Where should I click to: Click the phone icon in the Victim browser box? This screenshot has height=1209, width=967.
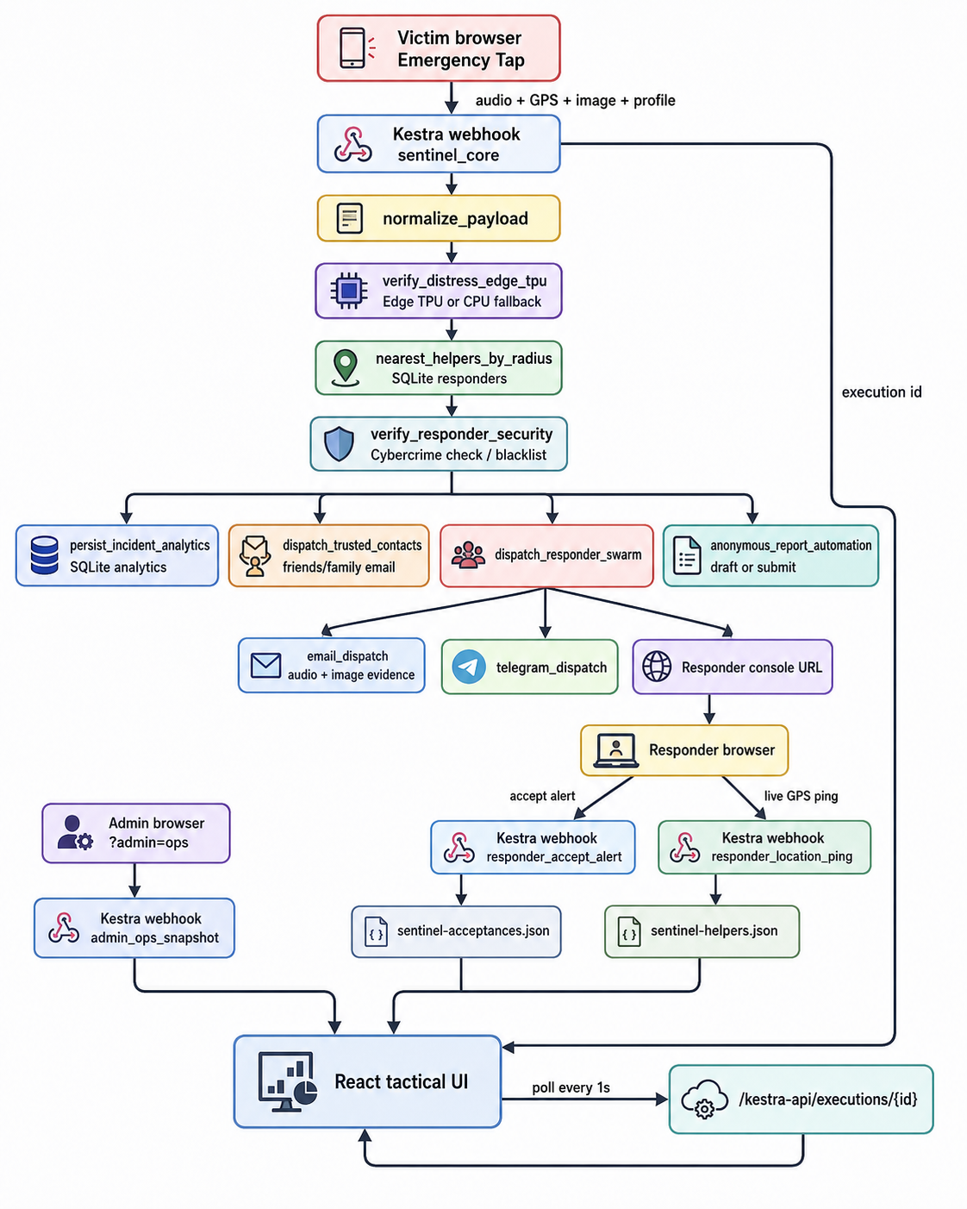point(352,48)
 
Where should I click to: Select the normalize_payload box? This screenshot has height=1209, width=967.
point(439,218)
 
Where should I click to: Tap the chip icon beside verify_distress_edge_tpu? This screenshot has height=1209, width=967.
point(349,291)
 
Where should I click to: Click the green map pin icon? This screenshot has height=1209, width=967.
point(346,367)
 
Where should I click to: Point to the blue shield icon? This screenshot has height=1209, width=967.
point(340,444)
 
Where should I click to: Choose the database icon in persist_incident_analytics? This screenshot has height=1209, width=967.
point(44,555)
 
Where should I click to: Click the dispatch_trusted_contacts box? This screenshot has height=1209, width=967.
point(328,555)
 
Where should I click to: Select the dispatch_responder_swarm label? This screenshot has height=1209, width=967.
point(568,555)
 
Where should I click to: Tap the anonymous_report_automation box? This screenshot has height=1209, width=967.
point(770,555)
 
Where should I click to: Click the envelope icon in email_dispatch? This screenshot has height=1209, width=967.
point(265,666)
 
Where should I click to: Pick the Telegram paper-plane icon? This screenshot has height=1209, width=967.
point(469,667)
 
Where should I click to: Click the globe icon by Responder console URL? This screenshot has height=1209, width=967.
point(657,667)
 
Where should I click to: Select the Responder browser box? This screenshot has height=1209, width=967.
point(684,750)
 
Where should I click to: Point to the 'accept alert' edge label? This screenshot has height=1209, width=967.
point(542,796)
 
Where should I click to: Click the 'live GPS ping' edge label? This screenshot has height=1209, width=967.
point(801,796)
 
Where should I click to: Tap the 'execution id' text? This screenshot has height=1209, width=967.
point(882,392)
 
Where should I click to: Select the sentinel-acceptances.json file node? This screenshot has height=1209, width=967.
point(456,931)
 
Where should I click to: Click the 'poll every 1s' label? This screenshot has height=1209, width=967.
point(571,1087)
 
